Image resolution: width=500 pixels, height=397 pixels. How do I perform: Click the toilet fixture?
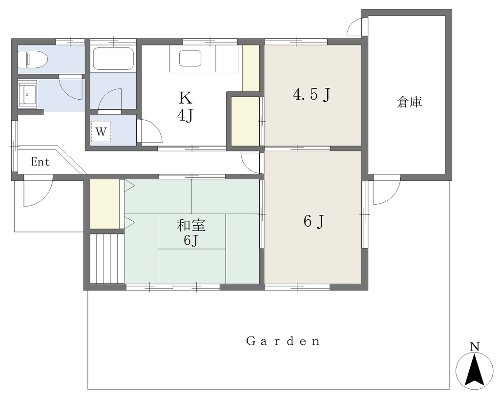pos(33,59)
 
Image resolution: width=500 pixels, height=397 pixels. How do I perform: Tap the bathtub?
pos(113,59)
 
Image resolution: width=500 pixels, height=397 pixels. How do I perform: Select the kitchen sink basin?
pos(190,59)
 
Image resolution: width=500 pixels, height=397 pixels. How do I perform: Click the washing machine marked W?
pos(101,131)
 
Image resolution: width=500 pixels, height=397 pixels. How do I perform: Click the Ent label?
pos(41,162)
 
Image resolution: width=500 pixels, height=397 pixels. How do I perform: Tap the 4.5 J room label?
pos(311,94)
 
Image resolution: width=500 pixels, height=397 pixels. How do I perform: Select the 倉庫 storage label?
pos(410,102)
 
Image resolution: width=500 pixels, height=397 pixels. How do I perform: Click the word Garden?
pos(283,341)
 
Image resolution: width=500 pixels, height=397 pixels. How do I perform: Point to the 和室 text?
pos(191,226)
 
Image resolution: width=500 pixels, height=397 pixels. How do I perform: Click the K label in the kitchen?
pos(186,98)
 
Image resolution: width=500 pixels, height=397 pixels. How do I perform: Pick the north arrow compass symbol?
pos(475,371)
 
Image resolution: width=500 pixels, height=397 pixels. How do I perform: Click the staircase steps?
pos(107,259)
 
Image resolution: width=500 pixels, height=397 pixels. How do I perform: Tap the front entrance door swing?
pos(38,190)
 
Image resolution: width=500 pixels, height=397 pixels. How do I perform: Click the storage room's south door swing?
pos(387,189)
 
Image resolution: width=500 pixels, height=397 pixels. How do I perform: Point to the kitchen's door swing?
pos(149,131)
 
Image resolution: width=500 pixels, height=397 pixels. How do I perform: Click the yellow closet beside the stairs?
pos(105,204)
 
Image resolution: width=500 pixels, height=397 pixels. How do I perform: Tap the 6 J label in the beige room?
pos(314,221)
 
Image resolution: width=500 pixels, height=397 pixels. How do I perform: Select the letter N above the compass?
pos(475,346)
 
